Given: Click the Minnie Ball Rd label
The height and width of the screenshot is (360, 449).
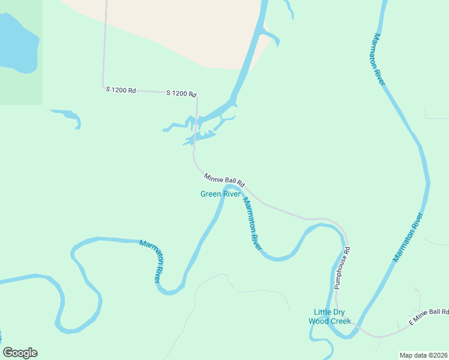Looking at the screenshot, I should (224, 179).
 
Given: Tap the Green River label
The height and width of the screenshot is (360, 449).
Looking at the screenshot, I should (220, 194).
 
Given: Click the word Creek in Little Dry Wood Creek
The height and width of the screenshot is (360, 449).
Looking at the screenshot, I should (339, 321).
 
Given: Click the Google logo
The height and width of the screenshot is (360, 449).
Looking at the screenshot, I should (20, 353).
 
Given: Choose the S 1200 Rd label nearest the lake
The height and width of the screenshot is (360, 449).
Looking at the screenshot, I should (121, 90).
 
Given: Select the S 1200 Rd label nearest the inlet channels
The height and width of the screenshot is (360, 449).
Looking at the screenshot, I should (181, 94).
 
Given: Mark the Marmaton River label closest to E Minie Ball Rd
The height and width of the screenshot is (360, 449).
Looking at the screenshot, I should (408, 238).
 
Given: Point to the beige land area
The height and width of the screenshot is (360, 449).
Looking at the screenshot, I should (180, 30).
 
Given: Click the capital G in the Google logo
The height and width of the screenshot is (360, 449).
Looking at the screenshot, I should (8, 353).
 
